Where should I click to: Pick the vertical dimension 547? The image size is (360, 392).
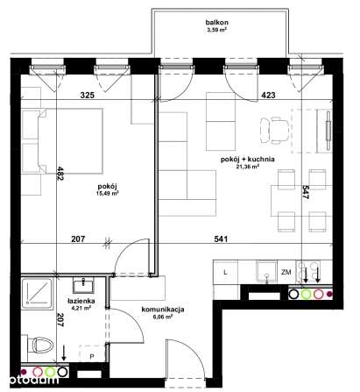[x=303, y=194]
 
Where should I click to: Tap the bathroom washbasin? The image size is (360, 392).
[x=83, y=283]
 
